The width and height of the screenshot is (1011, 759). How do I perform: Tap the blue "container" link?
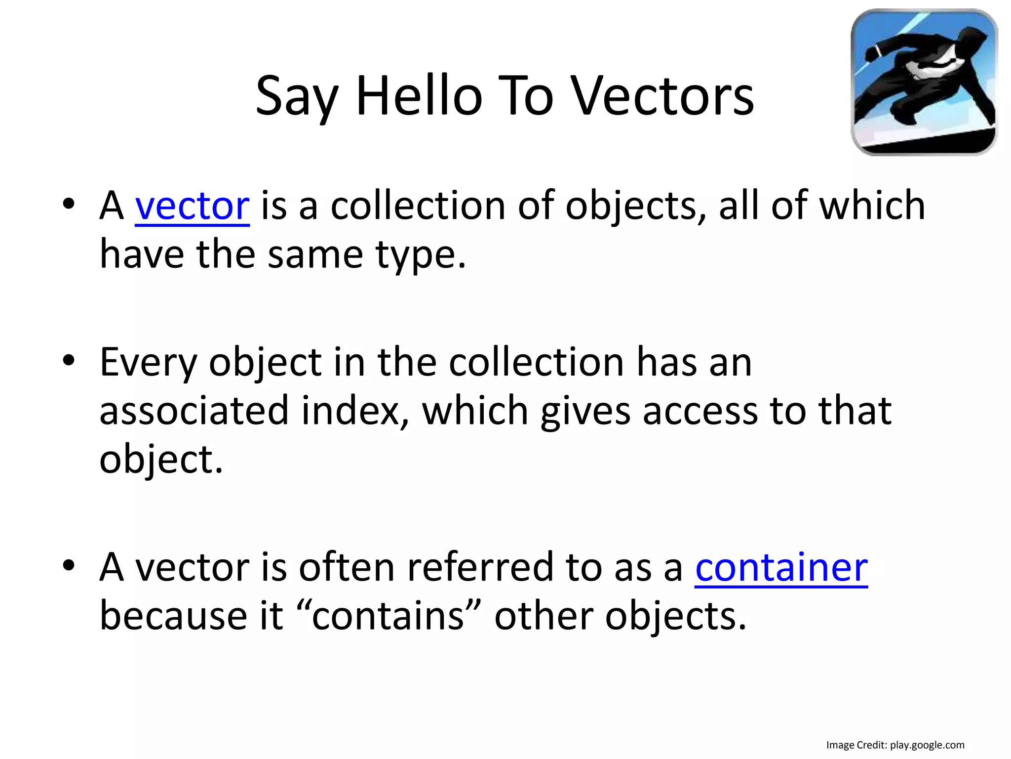click(781, 567)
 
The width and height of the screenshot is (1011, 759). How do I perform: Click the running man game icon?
click(924, 82)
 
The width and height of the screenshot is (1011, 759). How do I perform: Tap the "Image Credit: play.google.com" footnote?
click(895, 745)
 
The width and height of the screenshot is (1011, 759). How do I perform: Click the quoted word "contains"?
click(389, 616)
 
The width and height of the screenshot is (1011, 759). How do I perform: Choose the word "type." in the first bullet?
click(421, 255)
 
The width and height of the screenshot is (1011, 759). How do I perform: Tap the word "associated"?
click(194, 411)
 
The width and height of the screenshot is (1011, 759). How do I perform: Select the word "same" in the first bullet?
click(315, 255)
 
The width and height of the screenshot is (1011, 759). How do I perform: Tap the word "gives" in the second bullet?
click(585, 411)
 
